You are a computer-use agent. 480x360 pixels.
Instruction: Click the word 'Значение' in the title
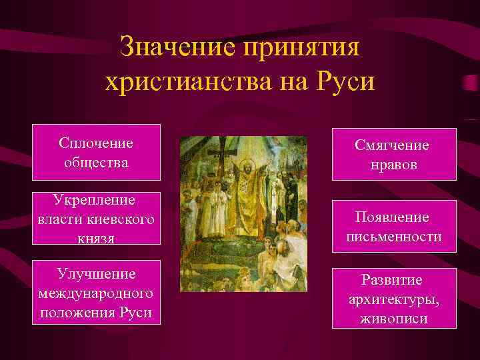coord(177,48)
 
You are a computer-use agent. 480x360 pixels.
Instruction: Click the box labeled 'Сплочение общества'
coord(96,152)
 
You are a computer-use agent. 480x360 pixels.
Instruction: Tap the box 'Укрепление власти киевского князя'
coord(96,219)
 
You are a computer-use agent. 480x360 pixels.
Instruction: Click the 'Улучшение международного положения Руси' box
coord(96,293)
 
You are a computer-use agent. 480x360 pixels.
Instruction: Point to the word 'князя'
coord(96,238)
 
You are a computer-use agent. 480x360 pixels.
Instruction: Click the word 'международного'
coord(96,293)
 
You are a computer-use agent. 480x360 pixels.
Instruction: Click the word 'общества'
coord(96,162)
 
